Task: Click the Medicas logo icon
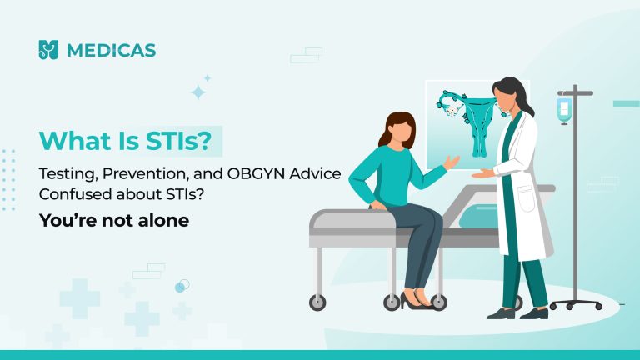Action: click(x=48, y=50)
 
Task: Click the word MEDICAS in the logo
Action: click(x=111, y=51)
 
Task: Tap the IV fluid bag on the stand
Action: click(x=564, y=110)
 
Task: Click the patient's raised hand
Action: click(x=451, y=162)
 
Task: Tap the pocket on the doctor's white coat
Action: click(x=526, y=199)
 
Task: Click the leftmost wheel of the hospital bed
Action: click(x=317, y=302)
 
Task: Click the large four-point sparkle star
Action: click(x=198, y=92)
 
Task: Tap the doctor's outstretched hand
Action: click(x=482, y=174)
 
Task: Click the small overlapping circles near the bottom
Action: click(x=182, y=286)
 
